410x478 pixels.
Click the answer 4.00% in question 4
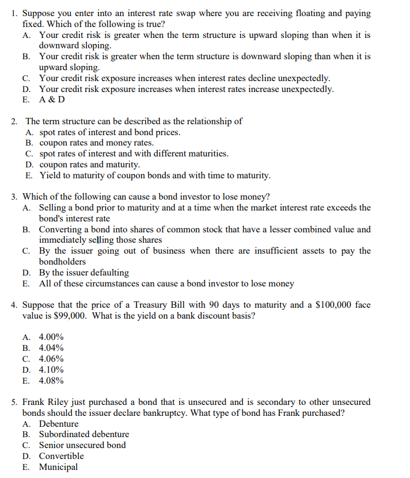click(51, 337)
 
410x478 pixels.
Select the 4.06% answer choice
click(51, 359)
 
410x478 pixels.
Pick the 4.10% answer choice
click(51, 370)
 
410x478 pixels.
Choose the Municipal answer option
click(58, 467)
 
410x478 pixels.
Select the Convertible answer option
click(61, 456)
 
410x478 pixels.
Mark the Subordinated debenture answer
click(84, 434)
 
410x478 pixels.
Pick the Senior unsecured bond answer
click(82, 445)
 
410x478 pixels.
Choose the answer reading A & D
click(52, 100)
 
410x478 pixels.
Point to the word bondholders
click(62, 262)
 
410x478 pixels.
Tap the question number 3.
click(14, 197)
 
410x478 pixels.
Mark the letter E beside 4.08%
click(26, 381)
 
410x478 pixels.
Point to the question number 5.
click(14, 402)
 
